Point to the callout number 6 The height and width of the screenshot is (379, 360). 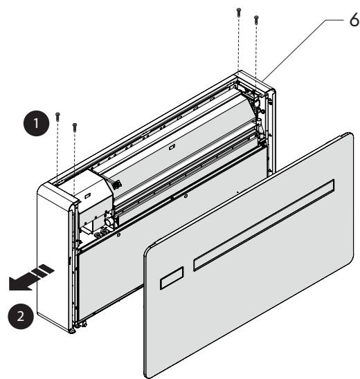[354, 20]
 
